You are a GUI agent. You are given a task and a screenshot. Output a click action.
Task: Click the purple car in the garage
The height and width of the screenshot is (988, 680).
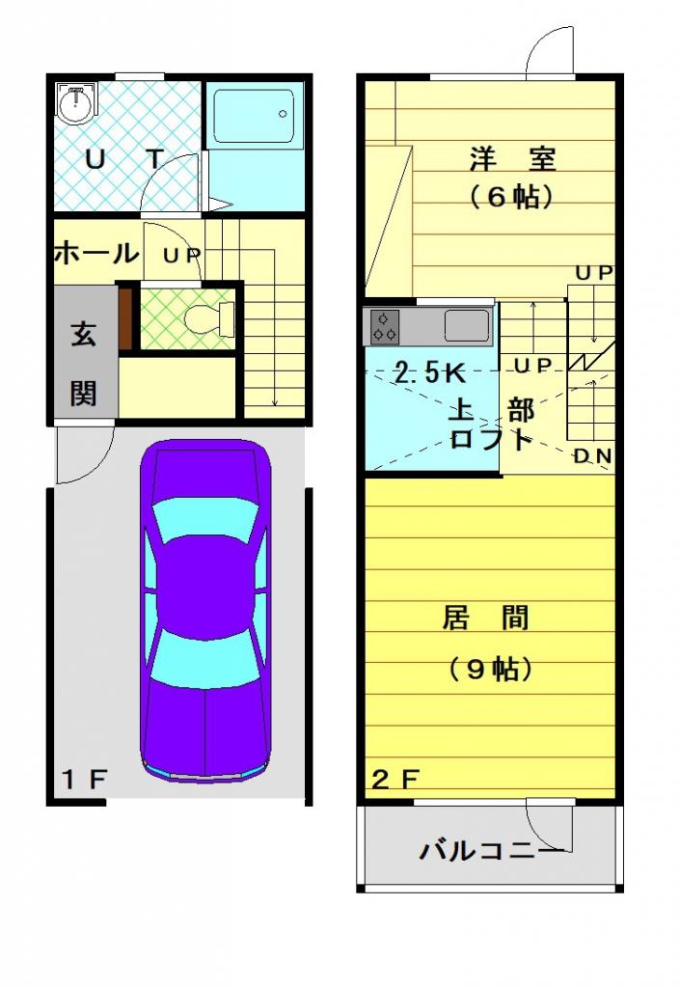pos(205,610)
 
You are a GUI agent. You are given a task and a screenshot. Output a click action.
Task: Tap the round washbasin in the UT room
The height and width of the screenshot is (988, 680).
pos(76,102)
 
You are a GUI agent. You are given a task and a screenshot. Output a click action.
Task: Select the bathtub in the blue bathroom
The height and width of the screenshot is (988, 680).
pos(254,117)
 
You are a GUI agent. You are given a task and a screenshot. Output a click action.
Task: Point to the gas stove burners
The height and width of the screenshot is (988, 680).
pos(385,326)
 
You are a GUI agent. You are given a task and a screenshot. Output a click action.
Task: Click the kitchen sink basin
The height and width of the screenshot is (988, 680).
pos(467,326)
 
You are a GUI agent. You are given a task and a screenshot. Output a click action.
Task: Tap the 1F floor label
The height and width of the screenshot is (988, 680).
pos(84,780)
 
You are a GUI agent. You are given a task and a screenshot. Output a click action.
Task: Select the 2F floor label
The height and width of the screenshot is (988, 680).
pos(395,780)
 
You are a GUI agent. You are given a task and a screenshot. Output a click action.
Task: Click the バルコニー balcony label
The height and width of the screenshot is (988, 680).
pos(492,851)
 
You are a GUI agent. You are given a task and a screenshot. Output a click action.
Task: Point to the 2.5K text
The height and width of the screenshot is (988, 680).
pos(429,373)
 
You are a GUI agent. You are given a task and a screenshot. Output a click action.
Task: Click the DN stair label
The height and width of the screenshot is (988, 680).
pos(592,456)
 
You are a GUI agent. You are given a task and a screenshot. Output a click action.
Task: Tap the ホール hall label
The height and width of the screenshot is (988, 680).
pos(95,253)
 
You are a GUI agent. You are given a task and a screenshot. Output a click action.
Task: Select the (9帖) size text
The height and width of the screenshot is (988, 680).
pos(491,669)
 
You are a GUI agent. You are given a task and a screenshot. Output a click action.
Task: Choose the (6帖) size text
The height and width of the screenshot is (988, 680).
pos(511,197)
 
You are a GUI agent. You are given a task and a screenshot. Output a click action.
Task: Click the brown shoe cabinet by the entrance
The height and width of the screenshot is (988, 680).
pos(125,318)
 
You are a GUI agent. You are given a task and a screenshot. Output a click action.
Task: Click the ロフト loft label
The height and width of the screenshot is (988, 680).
pos(491,439)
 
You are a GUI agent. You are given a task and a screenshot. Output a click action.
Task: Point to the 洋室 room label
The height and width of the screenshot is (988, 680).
pos(512,159)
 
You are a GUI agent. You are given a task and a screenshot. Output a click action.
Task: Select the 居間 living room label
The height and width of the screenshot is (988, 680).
pos(485,618)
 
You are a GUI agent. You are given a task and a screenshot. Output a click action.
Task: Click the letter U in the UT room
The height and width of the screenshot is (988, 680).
pos(95,160)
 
